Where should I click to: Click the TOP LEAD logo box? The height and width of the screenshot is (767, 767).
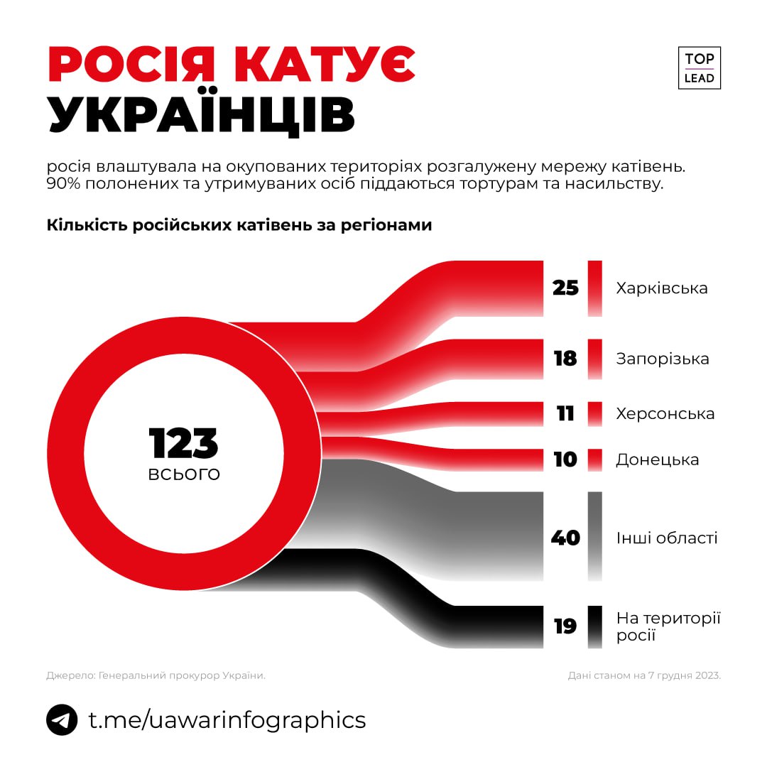(699, 68)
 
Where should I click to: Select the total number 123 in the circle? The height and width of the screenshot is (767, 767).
(184, 443)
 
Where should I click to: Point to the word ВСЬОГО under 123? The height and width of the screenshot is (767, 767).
(184, 474)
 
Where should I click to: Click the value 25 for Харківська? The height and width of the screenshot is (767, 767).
(565, 288)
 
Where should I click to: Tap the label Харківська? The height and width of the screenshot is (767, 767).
(662, 288)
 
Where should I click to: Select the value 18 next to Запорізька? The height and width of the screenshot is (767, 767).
(565, 359)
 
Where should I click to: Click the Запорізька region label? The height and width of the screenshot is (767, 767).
(663, 359)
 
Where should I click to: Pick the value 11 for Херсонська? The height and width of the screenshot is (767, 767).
(565, 413)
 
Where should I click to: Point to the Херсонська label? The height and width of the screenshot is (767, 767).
(665, 413)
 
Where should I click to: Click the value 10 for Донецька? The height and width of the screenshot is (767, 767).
(565, 459)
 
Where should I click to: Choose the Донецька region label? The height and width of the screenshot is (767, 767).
(658, 459)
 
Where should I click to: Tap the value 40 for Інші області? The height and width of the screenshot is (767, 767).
(565, 538)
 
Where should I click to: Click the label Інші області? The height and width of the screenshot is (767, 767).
(667, 538)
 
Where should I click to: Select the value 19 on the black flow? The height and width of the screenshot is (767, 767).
(565, 626)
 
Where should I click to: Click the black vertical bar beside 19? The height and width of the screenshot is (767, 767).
(595, 626)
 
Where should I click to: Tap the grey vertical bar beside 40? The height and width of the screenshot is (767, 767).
(595, 537)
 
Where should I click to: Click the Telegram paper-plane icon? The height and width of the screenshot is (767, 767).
(62, 719)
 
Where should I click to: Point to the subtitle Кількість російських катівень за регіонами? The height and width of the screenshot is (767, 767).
(239, 225)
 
